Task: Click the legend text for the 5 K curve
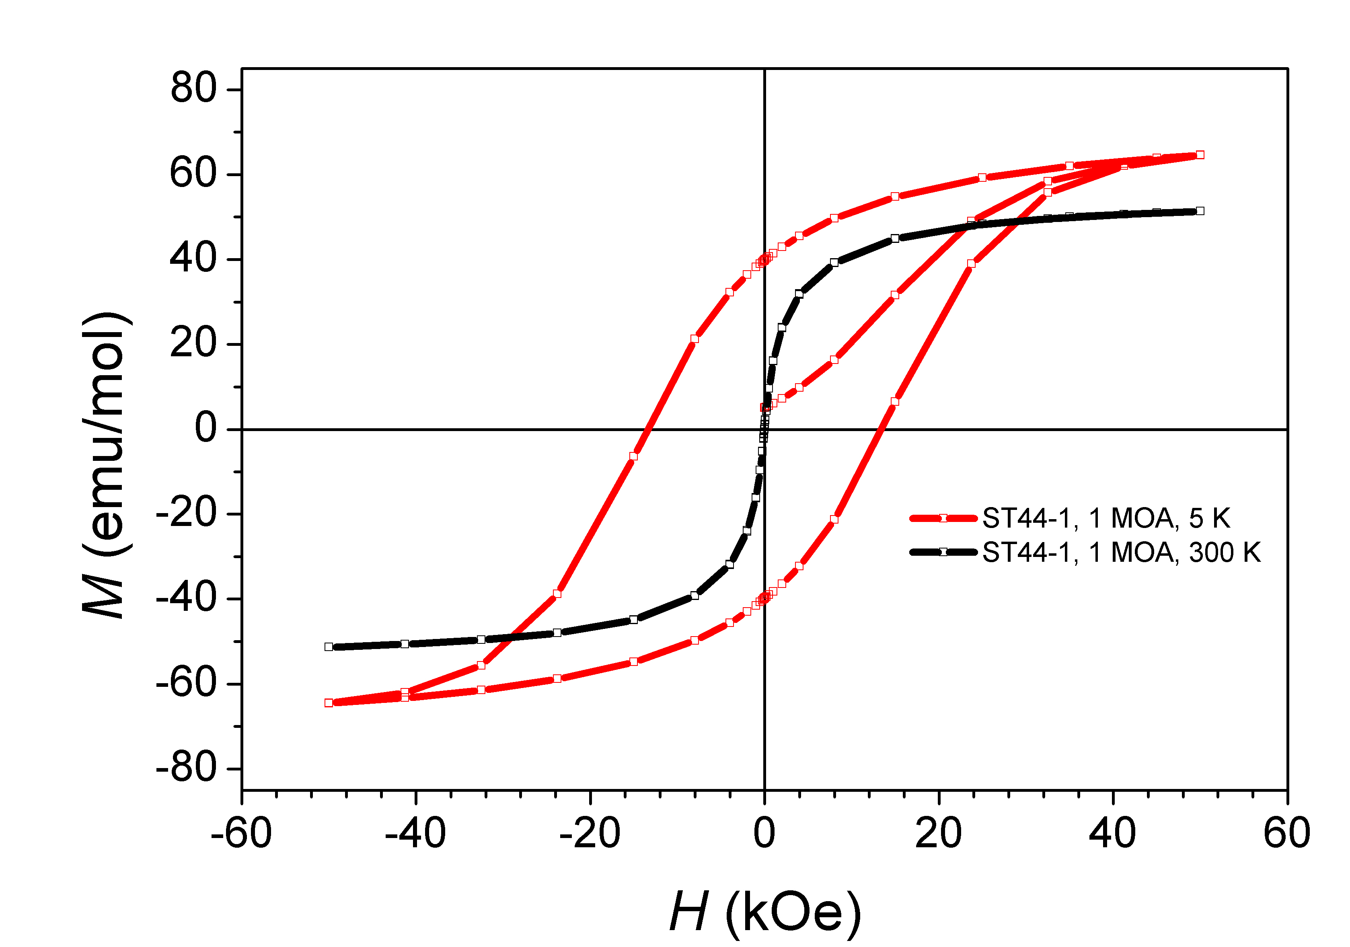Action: tap(1106, 518)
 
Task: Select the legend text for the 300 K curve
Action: tap(1121, 553)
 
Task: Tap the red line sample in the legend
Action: tap(943, 518)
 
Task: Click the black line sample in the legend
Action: tap(943, 552)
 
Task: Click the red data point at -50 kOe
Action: tap(329, 703)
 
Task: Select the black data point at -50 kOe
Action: tap(329, 647)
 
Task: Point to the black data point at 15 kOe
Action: tap(895, 238)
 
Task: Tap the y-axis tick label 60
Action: tap(193, 174)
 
